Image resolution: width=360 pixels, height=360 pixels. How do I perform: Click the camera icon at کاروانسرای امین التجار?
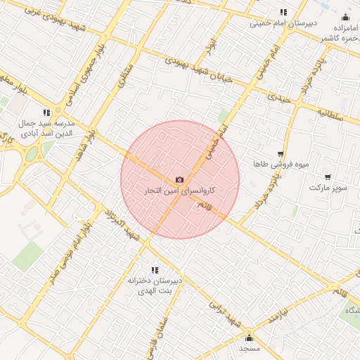pos(180,181)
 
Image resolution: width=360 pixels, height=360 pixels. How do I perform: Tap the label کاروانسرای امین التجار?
pos(180,191)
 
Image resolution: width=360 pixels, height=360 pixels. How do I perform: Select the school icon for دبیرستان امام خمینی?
pos(283,12)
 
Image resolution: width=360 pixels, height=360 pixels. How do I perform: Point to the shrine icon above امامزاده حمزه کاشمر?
pos(345,17)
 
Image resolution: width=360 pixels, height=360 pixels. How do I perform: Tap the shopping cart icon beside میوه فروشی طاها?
pos(281,153)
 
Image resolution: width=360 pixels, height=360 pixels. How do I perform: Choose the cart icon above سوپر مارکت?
pos(328,177)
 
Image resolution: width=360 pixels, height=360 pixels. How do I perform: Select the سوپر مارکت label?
pos(328,188)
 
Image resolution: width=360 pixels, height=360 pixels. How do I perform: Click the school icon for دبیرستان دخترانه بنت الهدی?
pos(155,270)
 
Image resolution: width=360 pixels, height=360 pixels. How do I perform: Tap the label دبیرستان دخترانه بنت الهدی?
pos(155,285)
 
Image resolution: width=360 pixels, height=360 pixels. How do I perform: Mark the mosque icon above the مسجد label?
pos(249,338)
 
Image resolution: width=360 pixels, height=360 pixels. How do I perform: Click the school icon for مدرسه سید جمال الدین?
pos(47,112)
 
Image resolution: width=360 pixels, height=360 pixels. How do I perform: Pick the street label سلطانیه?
pos(329,115)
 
